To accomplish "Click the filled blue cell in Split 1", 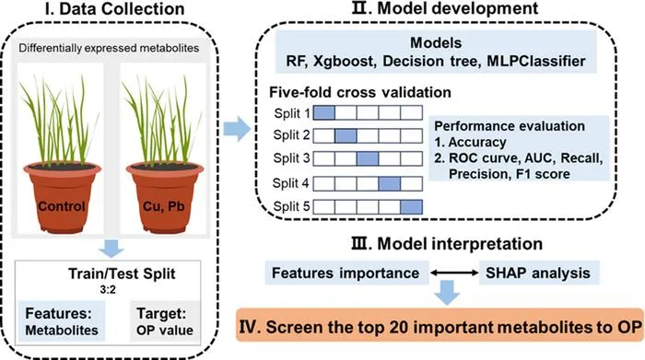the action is click(324, 112).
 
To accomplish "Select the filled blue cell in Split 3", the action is click(368, 158).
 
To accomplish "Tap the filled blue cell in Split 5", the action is click(411, 207).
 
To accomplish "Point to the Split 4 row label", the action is click(290, 183).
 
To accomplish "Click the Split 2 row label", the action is click(291, 135).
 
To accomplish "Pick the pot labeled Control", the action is click(62, 197).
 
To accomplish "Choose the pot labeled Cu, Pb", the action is click(165, 197).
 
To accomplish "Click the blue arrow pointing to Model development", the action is click(237, 129).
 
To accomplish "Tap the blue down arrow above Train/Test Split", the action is click(111, 249).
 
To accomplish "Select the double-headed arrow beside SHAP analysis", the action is click(454, 273).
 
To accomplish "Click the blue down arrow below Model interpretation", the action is click(447, 292).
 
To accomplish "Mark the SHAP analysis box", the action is click(539, 273).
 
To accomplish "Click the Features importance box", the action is click(346, 273).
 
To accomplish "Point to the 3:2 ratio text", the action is click(108, 290).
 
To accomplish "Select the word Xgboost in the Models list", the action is click(344, 62).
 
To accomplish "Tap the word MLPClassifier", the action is click(536, 62).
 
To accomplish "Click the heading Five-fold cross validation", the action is click(360, 92).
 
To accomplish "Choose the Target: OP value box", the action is click(165, 321).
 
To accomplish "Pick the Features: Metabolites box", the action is click(62, 321).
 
